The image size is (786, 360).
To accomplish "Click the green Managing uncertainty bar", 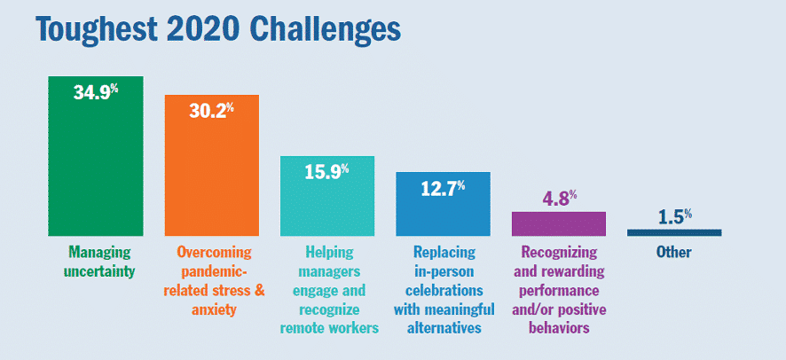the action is [95, 156].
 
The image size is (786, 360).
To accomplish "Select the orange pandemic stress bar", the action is [211, 165].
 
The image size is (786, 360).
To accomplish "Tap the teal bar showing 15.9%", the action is [327, 196].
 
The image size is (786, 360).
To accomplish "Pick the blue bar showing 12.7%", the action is [444, 204].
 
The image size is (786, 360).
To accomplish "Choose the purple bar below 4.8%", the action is [558, 223].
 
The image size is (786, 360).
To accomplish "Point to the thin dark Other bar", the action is [674, 232].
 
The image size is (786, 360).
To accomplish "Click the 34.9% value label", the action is [96, 91].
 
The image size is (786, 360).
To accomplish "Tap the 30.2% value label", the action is [211, 110].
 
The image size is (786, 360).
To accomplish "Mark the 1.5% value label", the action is [675, 217].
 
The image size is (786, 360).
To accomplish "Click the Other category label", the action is [673, 252].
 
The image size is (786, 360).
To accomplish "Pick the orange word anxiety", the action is [213, 310].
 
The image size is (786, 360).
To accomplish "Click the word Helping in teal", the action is [328, 252].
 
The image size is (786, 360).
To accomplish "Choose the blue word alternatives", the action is [444, 328].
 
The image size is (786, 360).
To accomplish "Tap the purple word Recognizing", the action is [559, 253].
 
